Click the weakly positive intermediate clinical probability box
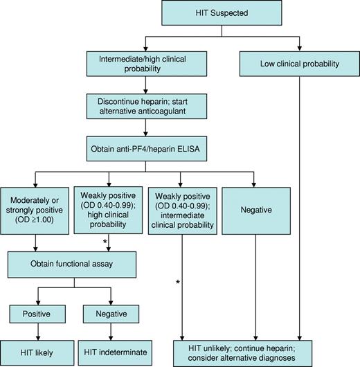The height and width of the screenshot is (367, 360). tap(181, 214)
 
